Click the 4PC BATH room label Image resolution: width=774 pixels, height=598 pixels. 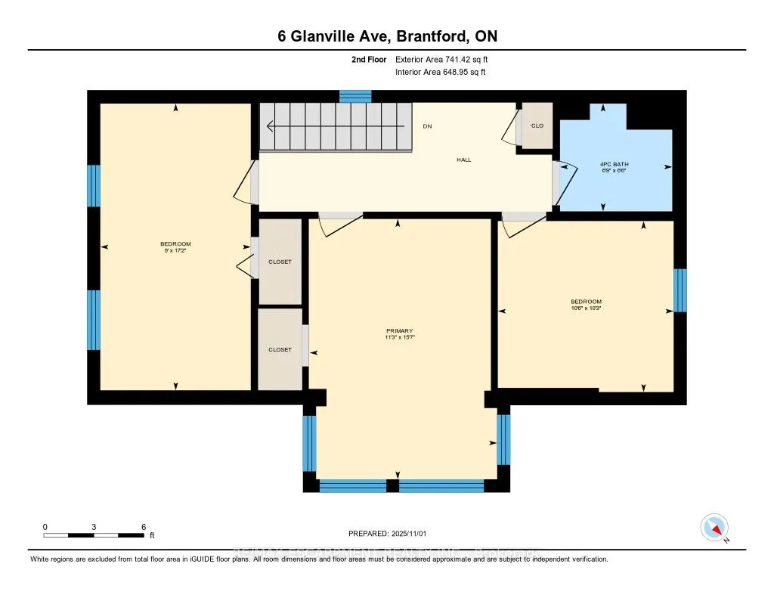coord(614,164)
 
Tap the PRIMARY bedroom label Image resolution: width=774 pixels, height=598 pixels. coord(399,330)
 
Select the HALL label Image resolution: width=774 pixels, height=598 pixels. coord(464,160)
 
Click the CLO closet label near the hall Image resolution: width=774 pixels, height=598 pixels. coord(537,125)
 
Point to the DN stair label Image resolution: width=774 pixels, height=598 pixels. coord(427,125)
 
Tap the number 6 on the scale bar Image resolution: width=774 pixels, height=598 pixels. coord(143,526)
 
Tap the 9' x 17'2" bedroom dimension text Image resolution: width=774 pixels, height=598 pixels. coord(175,250)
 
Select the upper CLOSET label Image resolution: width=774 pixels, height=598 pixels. coord(280,262)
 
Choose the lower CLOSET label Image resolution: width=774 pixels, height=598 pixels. coord(280,349)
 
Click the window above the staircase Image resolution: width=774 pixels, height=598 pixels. coord(355,96)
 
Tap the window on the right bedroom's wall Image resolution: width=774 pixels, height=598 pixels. coord(680,290)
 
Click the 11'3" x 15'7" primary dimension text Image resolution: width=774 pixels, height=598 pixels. coord(399,338)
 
